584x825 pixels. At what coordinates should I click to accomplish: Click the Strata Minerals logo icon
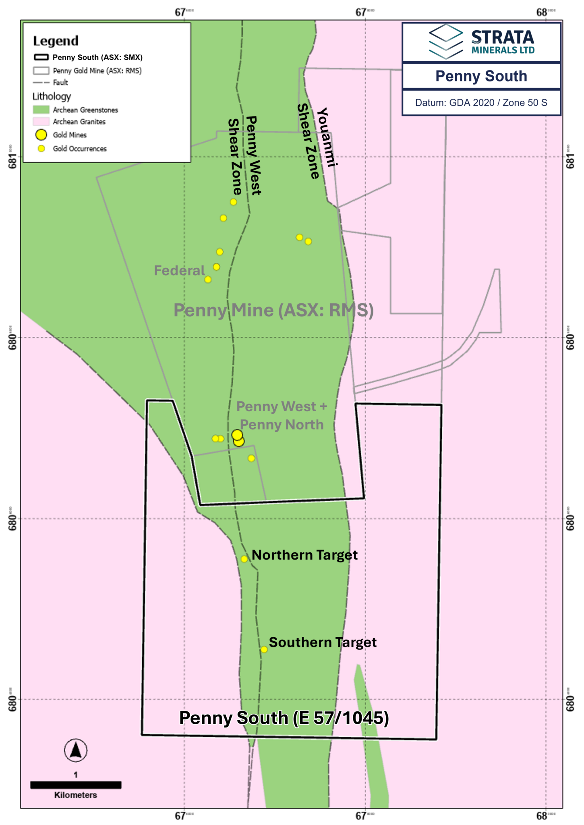pos(445,41)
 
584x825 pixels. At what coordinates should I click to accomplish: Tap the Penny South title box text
pos(481,76)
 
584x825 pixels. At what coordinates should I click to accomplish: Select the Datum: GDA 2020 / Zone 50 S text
pos(481,103)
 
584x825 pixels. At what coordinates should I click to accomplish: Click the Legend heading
pos(56,41)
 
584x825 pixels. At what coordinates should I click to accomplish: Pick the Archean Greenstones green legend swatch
pos(41,110)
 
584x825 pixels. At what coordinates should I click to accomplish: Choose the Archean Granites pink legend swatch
pos(41,121)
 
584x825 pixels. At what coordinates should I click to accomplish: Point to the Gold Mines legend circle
pos(41,135)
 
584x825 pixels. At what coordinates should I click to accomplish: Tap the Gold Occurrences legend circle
pos(41,149)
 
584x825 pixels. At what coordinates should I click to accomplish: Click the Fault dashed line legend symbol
pos(41,83)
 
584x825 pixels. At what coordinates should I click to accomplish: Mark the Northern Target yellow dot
pos(244,559)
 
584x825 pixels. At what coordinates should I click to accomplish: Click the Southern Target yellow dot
pos(264,649)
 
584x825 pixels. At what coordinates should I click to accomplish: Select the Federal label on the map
pos(179,270)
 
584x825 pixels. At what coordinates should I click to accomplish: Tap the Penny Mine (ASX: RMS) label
pos(273,310)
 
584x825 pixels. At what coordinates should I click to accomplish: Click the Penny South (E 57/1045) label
pos(284,718)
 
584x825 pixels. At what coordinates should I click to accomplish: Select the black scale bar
pos(76,785)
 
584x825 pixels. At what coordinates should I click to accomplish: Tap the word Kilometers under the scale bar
pos(76,795)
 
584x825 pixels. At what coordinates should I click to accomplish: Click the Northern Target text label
pos(304,555)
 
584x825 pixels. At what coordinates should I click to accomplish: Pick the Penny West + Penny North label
pos(282,415)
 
